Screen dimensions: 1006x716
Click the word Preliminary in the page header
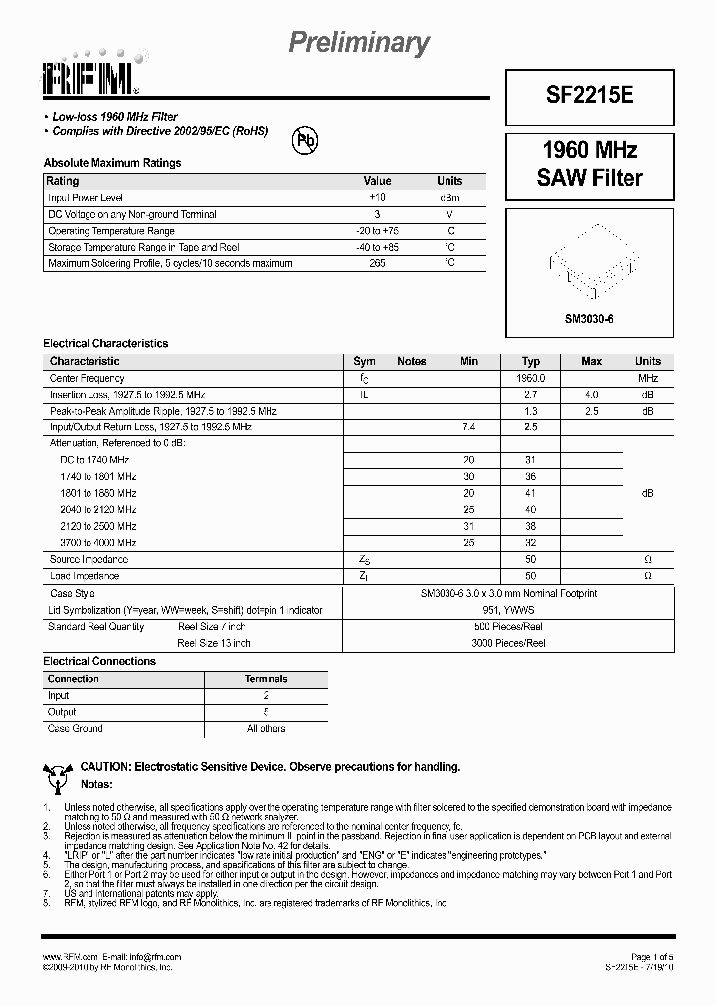click(x=359, y=42)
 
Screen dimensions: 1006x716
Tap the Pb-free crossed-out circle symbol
click(x=304, y=141)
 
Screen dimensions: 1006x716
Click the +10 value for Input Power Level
click(x=377, y=198)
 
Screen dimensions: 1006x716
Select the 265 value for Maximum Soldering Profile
click(x=377, y=263)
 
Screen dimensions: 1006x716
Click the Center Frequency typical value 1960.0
click(x=531, y=379)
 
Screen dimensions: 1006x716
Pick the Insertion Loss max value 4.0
click(x=591, y=395)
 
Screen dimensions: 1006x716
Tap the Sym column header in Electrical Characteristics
click(x=365, y=361)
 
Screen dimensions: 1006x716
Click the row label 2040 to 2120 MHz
click(x=98, y=509)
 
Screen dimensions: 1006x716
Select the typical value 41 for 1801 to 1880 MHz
click(x=531, y=493)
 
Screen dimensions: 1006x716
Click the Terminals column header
click(x=266, y=679)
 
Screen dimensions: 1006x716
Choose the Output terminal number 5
click(x=266, y=712)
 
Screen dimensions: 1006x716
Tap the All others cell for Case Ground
click(x=266, y=728)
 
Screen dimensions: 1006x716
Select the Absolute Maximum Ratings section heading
click(x=112, y=163)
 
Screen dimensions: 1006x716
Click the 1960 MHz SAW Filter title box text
click(x=590, y=165)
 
